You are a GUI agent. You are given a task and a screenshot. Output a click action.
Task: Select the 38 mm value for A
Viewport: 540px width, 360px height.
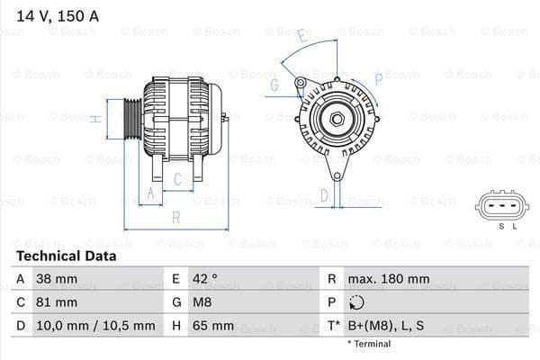pyautogui.click(x=57, y=279)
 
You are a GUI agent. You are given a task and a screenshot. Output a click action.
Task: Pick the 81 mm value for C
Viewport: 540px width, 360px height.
pyautogui.click(x=57, y=302)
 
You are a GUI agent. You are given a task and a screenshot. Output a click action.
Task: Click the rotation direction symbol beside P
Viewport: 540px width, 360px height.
pyautogui.click(x=358, y=302)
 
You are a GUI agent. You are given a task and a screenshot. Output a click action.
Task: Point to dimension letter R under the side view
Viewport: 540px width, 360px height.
pyautogui.click(x=176, y=217)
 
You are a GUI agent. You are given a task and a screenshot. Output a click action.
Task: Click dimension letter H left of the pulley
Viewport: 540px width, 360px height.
pyautogui.click(x=94, y=118)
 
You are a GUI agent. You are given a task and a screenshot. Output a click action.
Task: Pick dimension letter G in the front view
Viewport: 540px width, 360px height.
pyautogui.click(x=274, y=86)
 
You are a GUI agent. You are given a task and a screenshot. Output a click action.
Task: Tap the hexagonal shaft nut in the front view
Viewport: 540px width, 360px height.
pyautogui.click(x=336, y=117)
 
